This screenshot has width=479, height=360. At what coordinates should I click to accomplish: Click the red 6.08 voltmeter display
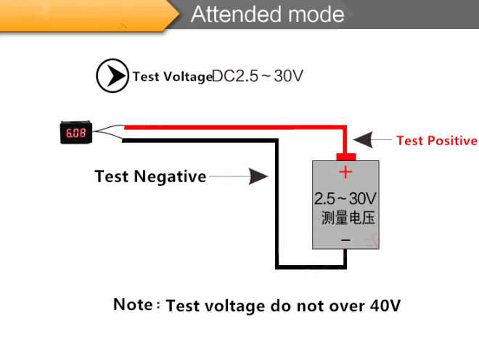[x=75, y=134]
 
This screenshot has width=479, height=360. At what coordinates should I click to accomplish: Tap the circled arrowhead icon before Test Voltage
[x=112, y=76]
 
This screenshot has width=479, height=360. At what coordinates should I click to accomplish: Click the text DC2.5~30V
[x=258, y=76]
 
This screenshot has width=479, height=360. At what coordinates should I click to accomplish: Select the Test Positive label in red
[x=437, y=141]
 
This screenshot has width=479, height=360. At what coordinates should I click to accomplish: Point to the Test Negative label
[x=150, y=176]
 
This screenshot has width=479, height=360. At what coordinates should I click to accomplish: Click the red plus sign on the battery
[x=345, y=172]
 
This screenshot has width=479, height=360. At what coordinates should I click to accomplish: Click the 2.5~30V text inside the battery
[x=345, y=198]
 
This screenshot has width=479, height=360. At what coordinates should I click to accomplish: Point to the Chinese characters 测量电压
[x=348, y=218]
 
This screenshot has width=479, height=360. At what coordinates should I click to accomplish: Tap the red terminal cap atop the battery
[x=345, y=156]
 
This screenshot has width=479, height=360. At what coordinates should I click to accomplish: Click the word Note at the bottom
[x=132, y=305]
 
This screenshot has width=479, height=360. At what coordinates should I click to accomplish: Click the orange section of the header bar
[x=80, y=15]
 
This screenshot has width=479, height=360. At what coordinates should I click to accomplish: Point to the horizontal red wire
[x=232, y=126]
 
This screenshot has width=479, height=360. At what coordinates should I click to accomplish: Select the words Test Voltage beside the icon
[x=172, y=77]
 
